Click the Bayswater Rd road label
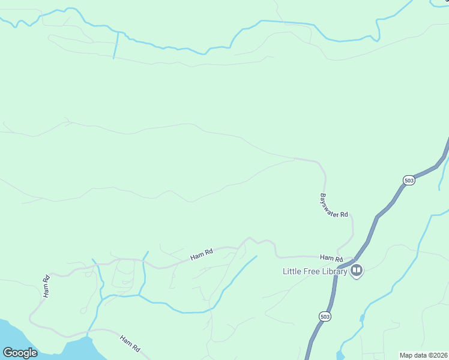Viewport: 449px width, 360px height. pos(334,205)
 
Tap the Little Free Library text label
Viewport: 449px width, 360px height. pos(315,271)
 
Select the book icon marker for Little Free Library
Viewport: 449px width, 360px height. pos(357,271)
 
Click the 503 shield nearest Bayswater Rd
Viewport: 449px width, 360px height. pos(409,180)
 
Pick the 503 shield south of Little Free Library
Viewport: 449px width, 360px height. pos(325,316)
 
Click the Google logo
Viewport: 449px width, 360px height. pos(20,352)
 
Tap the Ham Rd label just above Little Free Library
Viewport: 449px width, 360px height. pos(331,258)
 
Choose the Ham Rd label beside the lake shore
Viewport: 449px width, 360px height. pos(130,343)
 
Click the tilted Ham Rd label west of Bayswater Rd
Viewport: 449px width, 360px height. pos(202,254)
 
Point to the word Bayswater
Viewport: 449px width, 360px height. pos(330,202)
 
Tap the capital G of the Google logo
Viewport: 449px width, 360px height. pos(8,352)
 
